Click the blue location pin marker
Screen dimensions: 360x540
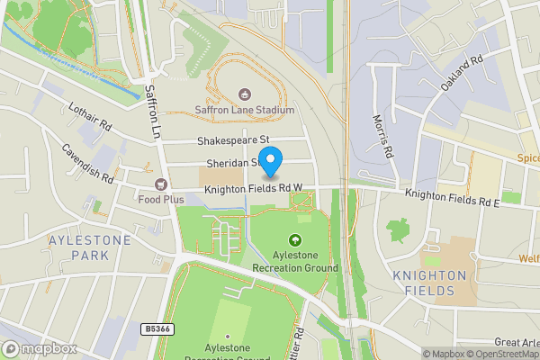[270, 160]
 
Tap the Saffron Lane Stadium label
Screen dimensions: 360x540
[245, 111]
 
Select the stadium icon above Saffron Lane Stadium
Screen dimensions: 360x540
[245, 94]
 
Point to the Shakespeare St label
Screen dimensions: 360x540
[233, 140]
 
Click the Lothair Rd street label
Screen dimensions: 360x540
[90, 115]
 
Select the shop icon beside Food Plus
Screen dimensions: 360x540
[162, 183]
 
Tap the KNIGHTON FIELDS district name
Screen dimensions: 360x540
[429, 283]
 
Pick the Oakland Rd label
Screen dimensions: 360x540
[463, 73]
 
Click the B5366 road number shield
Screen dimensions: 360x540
[157, 330]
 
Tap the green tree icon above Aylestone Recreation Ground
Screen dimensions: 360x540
[294, 239]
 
